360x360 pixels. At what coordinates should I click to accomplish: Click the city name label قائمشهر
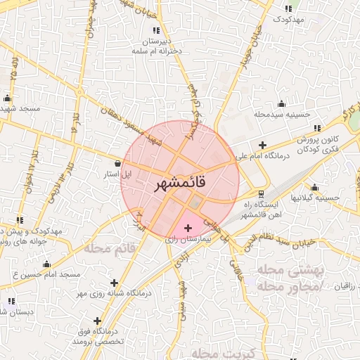pos(180,183)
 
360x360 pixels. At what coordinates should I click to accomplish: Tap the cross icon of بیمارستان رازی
pos(187,229)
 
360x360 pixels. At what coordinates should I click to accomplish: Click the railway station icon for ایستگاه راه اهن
pos(262,193)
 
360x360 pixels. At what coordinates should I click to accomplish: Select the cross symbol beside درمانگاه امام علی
pos(262,145)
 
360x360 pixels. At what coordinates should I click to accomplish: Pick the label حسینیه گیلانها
pos(316,198)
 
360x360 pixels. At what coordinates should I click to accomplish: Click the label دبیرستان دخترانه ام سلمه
pos(156,46)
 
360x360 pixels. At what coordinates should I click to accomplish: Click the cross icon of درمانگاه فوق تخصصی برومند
pos(97,321)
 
